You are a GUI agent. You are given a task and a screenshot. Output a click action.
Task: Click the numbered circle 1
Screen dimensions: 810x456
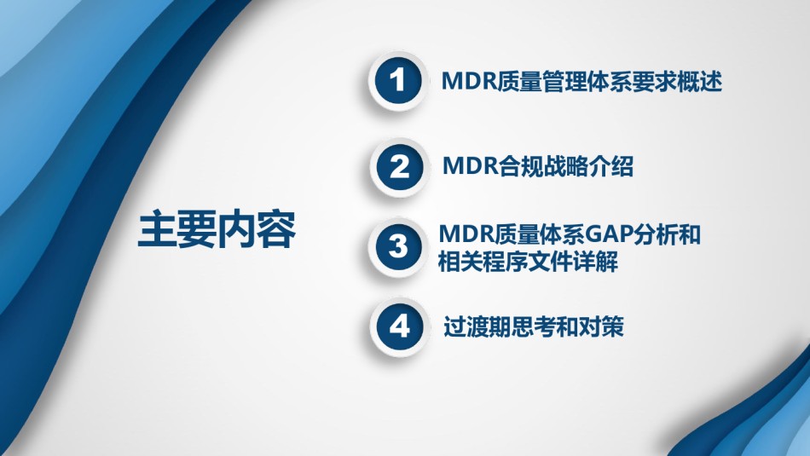398,81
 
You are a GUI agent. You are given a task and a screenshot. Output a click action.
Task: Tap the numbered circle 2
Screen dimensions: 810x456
399,167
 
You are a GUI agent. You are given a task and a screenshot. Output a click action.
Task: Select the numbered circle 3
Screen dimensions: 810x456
398,247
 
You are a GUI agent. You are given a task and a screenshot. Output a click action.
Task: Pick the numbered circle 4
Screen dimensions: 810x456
399,326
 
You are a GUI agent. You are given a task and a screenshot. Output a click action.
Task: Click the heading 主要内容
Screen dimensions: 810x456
217,229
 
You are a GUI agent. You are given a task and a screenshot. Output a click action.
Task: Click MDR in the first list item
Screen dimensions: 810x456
469,81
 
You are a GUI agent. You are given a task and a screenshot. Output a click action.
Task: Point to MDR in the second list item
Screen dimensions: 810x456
471,166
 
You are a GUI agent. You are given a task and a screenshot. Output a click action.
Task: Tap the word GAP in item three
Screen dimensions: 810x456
607,234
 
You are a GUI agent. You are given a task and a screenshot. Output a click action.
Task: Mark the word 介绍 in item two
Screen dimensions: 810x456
611,166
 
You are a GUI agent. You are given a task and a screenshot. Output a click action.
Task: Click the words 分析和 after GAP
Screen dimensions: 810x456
666,234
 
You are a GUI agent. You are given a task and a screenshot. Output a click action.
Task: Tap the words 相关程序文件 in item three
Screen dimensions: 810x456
506,262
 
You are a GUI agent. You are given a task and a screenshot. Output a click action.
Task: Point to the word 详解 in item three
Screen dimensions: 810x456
595,262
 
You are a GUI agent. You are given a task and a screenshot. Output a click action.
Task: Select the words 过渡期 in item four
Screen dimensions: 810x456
477,326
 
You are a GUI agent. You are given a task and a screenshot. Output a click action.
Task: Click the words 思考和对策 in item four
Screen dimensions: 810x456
567,326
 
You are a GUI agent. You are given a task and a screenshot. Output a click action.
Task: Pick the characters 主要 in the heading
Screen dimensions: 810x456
177,229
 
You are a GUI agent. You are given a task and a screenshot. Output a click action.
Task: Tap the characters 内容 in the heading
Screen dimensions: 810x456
257,229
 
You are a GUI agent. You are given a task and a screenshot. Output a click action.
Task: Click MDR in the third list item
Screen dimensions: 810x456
466,234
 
